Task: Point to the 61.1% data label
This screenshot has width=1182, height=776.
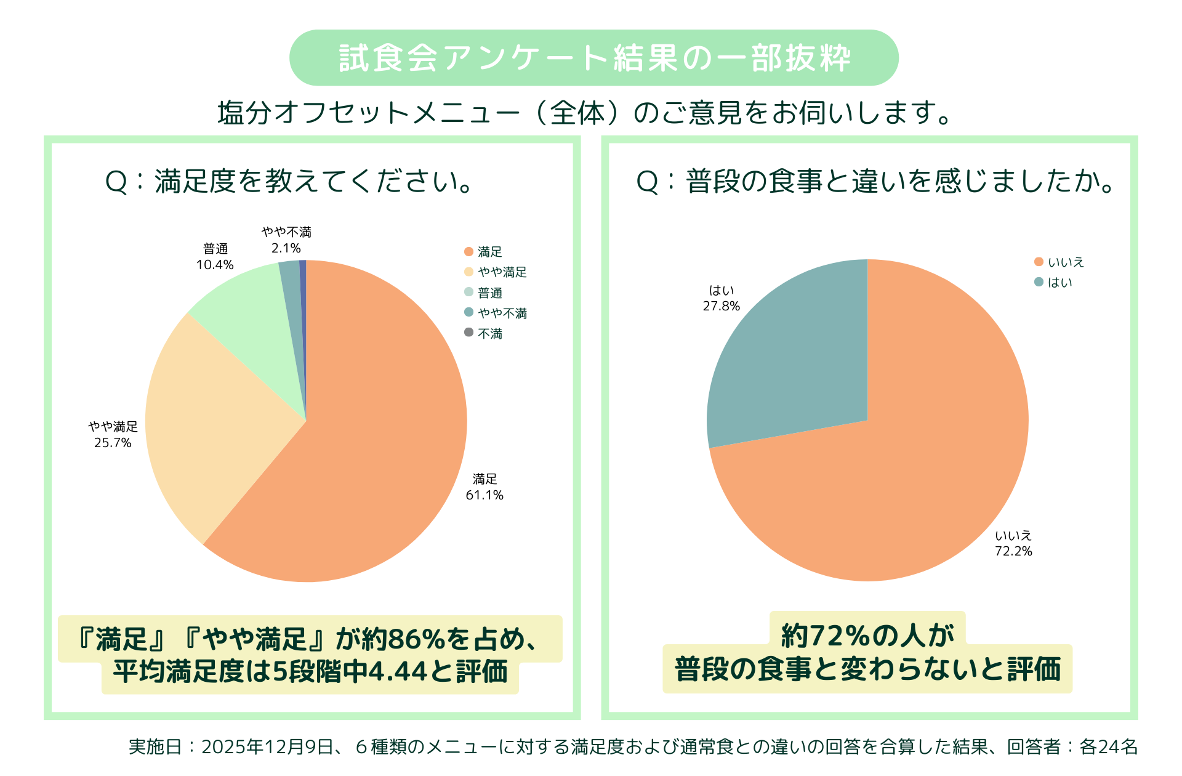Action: tap(484, 495)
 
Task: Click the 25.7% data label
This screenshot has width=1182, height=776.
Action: tap(113, 443)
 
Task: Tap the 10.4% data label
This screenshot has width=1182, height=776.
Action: tap(215, 265)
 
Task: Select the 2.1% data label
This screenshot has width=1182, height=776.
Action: tap(286, 248)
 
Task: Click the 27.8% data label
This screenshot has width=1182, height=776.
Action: tap(722, 306)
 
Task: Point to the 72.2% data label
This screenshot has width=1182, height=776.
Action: tap(1013, 551)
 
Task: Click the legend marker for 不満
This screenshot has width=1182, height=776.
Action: tap(469, 333)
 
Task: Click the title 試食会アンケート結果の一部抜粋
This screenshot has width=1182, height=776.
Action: tap(594, 59)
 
